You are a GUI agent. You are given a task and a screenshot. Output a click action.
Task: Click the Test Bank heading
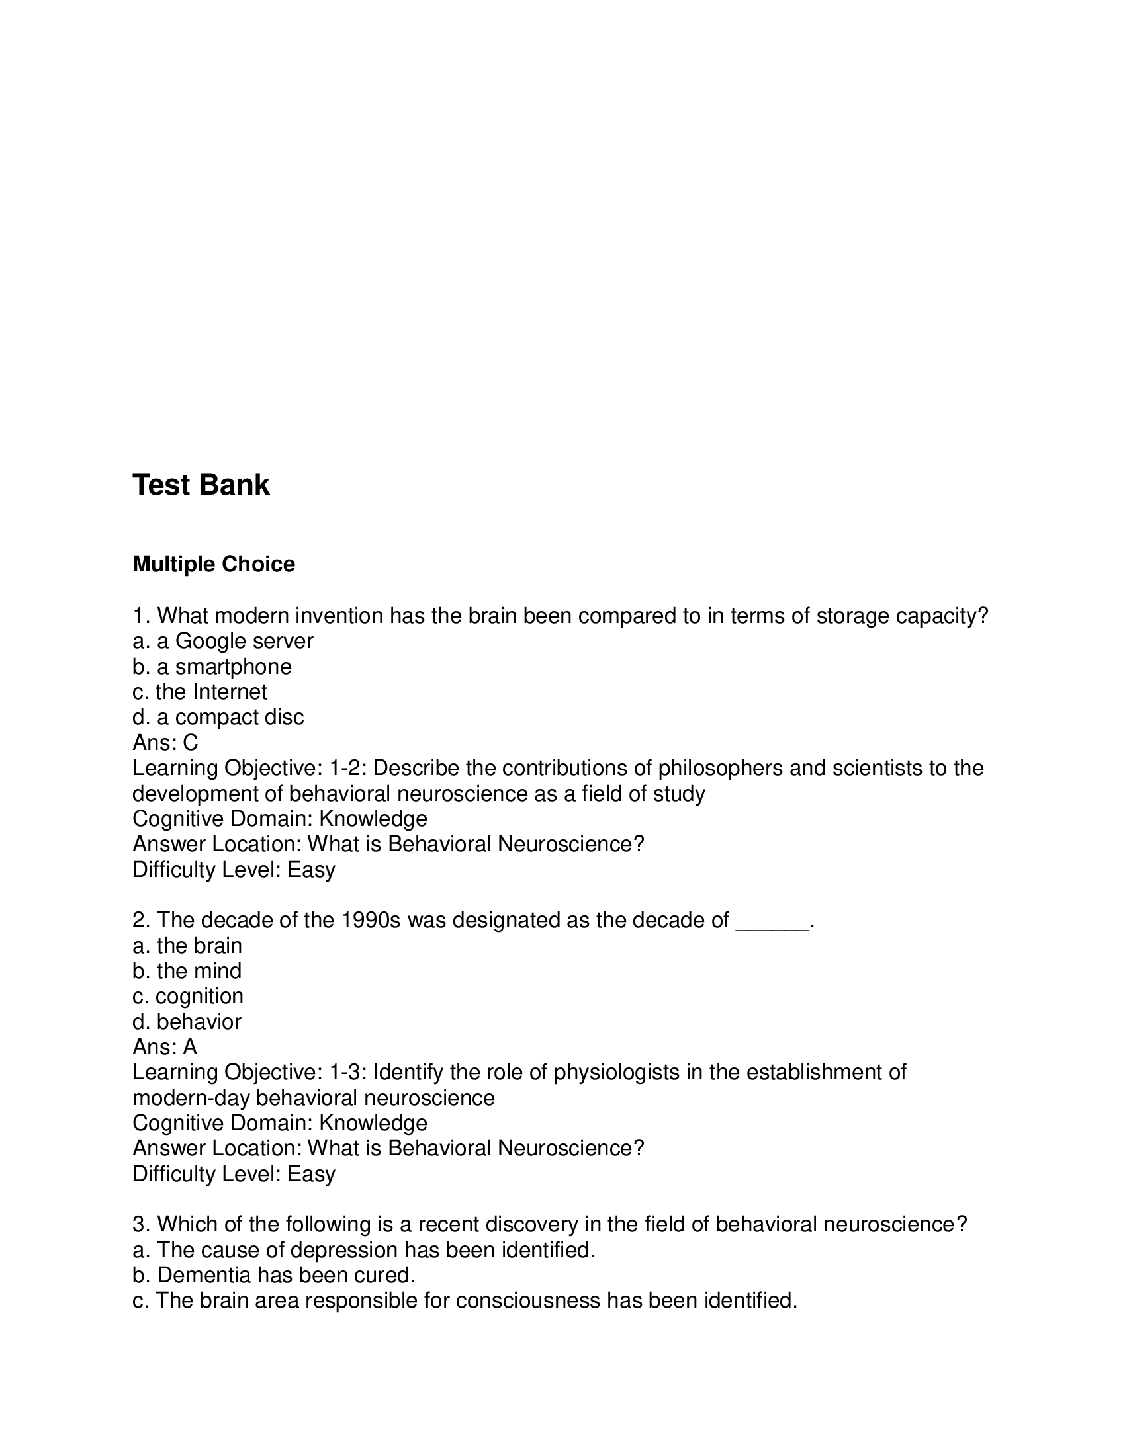[201, 485]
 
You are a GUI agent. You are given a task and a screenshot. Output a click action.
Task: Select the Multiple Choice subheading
[213, 564]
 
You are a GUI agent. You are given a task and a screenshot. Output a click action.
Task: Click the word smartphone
[233, 666]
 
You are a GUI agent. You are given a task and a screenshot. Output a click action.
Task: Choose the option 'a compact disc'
[218, 717]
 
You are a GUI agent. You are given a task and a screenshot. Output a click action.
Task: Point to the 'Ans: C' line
[165, 742]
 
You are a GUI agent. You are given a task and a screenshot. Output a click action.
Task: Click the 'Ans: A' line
[165, 1047]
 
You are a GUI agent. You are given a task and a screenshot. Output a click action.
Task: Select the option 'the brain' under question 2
[187, 945]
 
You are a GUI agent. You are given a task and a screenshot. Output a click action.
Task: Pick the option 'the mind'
[187, 971]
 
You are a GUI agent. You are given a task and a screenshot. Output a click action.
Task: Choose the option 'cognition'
[188, 996]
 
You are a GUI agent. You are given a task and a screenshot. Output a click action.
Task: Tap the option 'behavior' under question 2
[187, 1021]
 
